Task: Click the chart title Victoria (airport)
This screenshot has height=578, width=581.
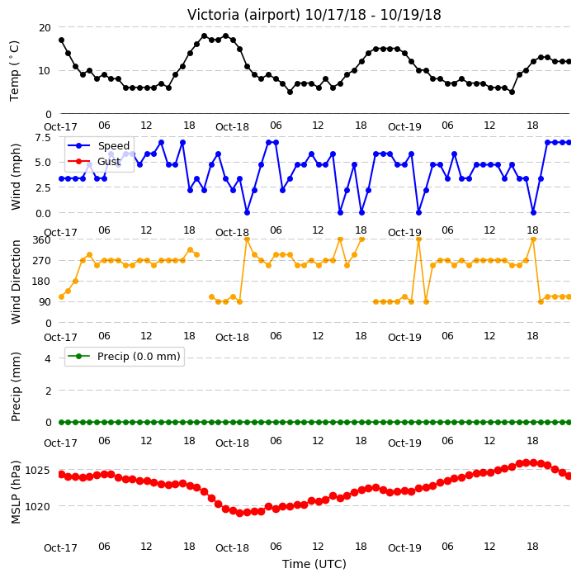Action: (243, 15)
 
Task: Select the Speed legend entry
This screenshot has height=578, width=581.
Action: (98, 145)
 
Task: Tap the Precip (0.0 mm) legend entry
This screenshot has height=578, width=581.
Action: (124, 357)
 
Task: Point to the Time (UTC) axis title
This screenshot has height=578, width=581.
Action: (314, 564)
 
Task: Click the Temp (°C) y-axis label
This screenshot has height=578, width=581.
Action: (15, 71)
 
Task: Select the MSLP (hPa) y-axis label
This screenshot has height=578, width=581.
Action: (16, 492)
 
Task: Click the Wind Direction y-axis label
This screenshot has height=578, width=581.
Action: (16, 282)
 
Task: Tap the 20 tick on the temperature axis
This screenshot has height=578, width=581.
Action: (45, 28)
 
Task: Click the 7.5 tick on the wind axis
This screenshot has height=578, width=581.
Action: (43, 138)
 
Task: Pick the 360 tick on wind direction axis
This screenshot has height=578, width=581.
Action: (41, 240)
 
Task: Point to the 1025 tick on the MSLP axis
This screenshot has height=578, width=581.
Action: (37, 471)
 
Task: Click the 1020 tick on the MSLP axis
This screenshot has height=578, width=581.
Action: (37, 506)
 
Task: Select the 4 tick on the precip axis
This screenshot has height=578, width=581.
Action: (48, 358)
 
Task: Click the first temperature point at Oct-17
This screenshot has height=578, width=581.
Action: (62, 40)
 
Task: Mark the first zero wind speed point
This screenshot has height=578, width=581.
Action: (247, 212)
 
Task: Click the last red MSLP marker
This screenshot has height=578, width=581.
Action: (569, 476)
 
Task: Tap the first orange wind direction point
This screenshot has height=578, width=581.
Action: (62, 296)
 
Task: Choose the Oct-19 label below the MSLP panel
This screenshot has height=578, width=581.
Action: (404, 548)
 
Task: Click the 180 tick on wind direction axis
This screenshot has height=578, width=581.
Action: (41, 282)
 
